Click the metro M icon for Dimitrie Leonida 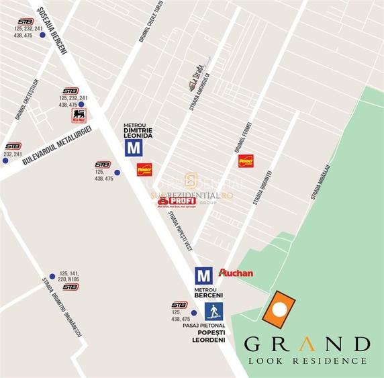[134, 148]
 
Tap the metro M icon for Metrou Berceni [203, 275]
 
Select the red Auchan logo [236, 273]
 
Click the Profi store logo [177, 201]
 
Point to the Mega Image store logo [79, 116]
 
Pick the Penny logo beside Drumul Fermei [246, 161]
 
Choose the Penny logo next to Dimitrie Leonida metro [144, 169]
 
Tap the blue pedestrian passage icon [214, 311]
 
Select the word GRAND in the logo [307, 344]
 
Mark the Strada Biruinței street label [262, 188]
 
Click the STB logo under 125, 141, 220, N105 [70, 287]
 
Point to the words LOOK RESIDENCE [307, 361]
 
